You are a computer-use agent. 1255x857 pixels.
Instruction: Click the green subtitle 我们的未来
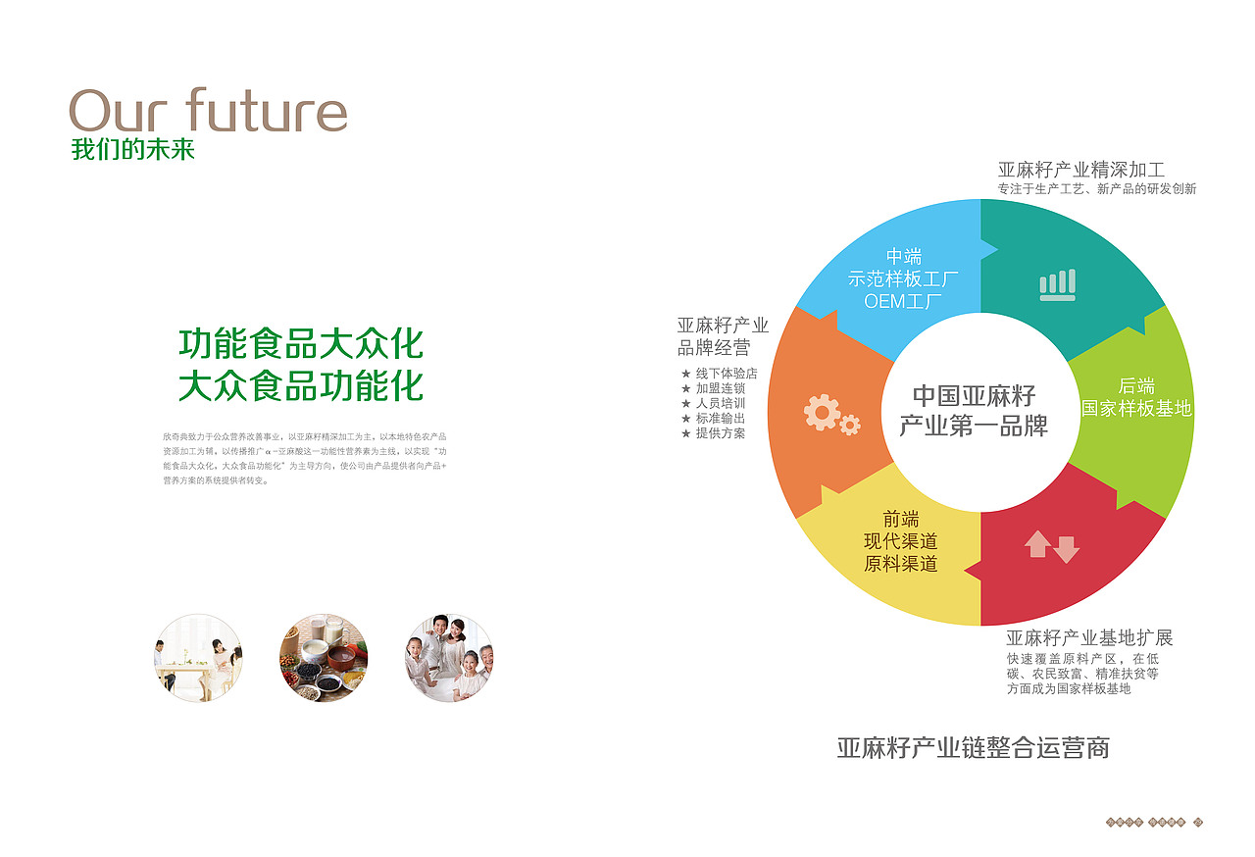tap(133, 151)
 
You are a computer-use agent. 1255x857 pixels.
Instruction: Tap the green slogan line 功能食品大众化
tap(301, 344)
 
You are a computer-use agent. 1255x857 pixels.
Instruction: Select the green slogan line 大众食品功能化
tap(301, 385)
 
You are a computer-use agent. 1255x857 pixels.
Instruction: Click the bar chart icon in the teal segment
tap(1057, 284)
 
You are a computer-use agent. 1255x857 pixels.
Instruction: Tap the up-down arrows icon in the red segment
tap(1051, 546)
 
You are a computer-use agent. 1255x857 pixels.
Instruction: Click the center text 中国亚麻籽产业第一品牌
tap(973, 411)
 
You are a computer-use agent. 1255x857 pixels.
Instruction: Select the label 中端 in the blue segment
tap(903, 257)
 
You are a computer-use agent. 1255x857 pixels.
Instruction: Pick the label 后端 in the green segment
tap(1136, 385)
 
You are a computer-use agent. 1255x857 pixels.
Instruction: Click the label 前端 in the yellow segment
tap(900, 519)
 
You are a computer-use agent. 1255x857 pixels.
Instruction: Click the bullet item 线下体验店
tap(727, 374)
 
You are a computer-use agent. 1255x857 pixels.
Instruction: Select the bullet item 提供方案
tap(720, 432)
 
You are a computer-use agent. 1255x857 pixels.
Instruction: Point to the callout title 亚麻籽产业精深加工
tap(1080, 170)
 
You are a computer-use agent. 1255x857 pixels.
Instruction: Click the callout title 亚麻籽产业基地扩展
tap(1088, 638)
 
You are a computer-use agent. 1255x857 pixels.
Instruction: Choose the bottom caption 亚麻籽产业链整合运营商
tap(973, 748)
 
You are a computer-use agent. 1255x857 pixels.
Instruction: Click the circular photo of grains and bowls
tap(324, 658)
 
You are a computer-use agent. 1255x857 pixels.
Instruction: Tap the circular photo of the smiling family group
tap(449, 658)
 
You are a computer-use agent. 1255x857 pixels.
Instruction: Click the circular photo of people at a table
tap(198, 658)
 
